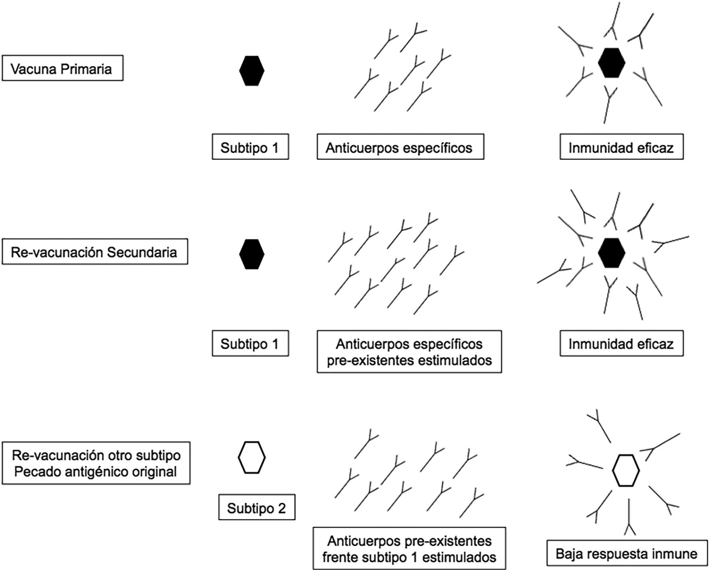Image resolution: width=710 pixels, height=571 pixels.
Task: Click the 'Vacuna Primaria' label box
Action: pos(62,69)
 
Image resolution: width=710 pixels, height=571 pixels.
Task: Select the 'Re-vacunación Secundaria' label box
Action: pos(95,252)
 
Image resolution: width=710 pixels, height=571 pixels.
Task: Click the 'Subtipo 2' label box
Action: pos(256,508)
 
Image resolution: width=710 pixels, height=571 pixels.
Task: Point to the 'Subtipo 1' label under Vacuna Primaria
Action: pos(250,148)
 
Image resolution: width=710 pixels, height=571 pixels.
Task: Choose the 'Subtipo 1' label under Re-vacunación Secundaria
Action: pos(250,343)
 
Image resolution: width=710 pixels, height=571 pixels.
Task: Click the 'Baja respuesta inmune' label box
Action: pos(626,553)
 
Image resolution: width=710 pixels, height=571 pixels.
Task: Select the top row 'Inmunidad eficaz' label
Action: pos(621,148)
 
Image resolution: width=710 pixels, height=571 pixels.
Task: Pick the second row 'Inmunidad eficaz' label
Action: pos(621,343)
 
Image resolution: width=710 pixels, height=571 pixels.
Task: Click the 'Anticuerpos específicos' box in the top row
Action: pos(400,148)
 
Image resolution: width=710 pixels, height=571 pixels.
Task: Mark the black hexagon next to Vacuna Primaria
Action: pos(252,71)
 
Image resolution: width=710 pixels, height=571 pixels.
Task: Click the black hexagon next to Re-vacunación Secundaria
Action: pos(252,254)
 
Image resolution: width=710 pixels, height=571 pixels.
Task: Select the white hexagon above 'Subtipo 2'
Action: pos(252,457)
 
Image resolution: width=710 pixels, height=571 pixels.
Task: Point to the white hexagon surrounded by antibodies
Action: pos(626,471)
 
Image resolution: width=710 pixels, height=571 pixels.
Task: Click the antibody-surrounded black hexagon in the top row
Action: pos(611,63)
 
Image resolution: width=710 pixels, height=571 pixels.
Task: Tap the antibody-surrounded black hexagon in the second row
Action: pos(611,253)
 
